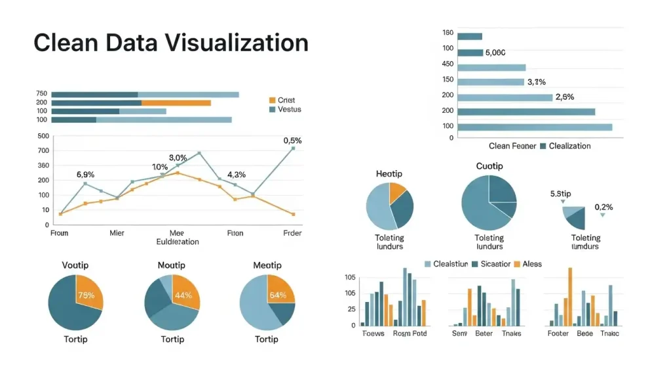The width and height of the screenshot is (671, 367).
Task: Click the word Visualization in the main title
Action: click(237, 43)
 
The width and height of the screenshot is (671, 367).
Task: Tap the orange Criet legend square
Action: click(272, 100)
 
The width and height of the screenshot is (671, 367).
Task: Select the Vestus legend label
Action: click(289, 109)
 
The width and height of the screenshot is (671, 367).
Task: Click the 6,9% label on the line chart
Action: click(86, 175)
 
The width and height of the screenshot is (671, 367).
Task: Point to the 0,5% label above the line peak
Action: click(292, 140)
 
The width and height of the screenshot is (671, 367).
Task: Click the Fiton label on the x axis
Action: click(235, 233)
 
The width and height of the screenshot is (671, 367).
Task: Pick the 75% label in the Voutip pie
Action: click(86, 295)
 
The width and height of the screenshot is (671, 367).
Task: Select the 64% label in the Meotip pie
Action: click(278, 295)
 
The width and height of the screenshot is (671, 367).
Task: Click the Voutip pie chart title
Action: click(75, 265)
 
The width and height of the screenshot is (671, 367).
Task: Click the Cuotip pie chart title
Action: click(489, 166)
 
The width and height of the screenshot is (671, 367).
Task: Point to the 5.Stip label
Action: click(560, 194)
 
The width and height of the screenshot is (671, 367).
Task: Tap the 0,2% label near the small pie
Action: click(604, 207)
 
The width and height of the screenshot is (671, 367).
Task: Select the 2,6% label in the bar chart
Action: click(564, 97)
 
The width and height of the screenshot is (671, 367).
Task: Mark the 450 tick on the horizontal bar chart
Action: click(448, 64)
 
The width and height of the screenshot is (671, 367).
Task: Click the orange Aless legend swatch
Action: click(516, 264)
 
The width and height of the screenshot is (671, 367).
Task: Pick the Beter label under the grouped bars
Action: click(484, 334)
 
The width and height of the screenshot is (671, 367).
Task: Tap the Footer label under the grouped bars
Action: click(558, 334)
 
